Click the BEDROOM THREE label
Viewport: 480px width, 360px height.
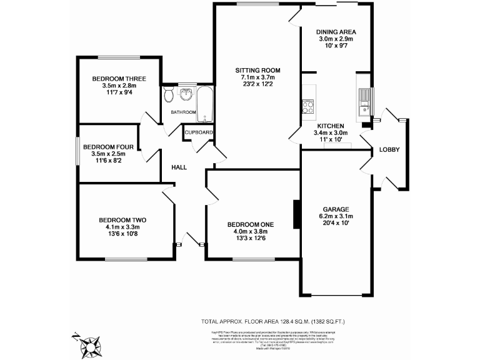(x=119, y=79)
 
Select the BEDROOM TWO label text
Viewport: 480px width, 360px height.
(x=122, y=220)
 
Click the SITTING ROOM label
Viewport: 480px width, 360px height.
(x=257, y=69)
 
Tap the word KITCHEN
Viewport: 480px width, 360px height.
(x=331, y=125)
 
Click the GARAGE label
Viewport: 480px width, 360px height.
(x=336, y=209)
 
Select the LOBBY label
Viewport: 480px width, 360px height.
(x=389, y=149)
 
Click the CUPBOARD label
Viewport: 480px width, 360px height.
(x=199, y=132)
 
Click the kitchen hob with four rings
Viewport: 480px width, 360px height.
(x=307, y=107)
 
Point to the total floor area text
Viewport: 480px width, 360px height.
(x=272, y=321)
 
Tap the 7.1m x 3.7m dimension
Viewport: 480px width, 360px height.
(x=257, y=77)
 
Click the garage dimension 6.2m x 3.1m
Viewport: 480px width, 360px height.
(x=336, y=216)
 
